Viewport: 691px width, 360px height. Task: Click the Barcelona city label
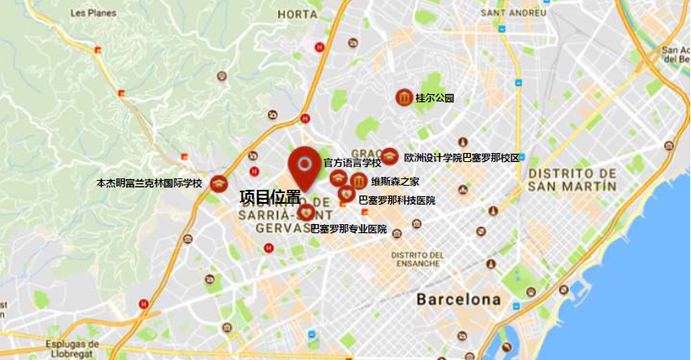(458, 299)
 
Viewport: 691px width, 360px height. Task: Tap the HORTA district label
(297, 14)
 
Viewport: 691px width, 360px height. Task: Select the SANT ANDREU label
(514, 14)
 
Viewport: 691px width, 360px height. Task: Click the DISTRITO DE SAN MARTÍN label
(572, 179)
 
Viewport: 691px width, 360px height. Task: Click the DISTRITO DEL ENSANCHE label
(418, 259)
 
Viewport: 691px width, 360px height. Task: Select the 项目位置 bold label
(269, 197)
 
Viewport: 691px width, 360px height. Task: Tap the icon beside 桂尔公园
(404, 98)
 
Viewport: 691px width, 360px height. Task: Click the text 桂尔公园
(435, 98)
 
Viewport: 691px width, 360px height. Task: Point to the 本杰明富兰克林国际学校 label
(149, 183)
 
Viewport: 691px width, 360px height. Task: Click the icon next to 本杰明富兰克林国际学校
(218, 184)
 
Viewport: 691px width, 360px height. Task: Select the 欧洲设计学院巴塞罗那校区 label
(462, 157)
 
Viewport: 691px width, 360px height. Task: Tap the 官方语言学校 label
(352, 164)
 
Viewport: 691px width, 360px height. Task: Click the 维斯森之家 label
(395, 182)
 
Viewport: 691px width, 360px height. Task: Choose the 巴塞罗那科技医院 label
(397, 200)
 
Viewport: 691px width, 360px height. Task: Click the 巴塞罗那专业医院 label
(348, 229)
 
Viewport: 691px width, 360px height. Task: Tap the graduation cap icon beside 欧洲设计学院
(390, 157)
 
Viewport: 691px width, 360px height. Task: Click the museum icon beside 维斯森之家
(358, 181)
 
